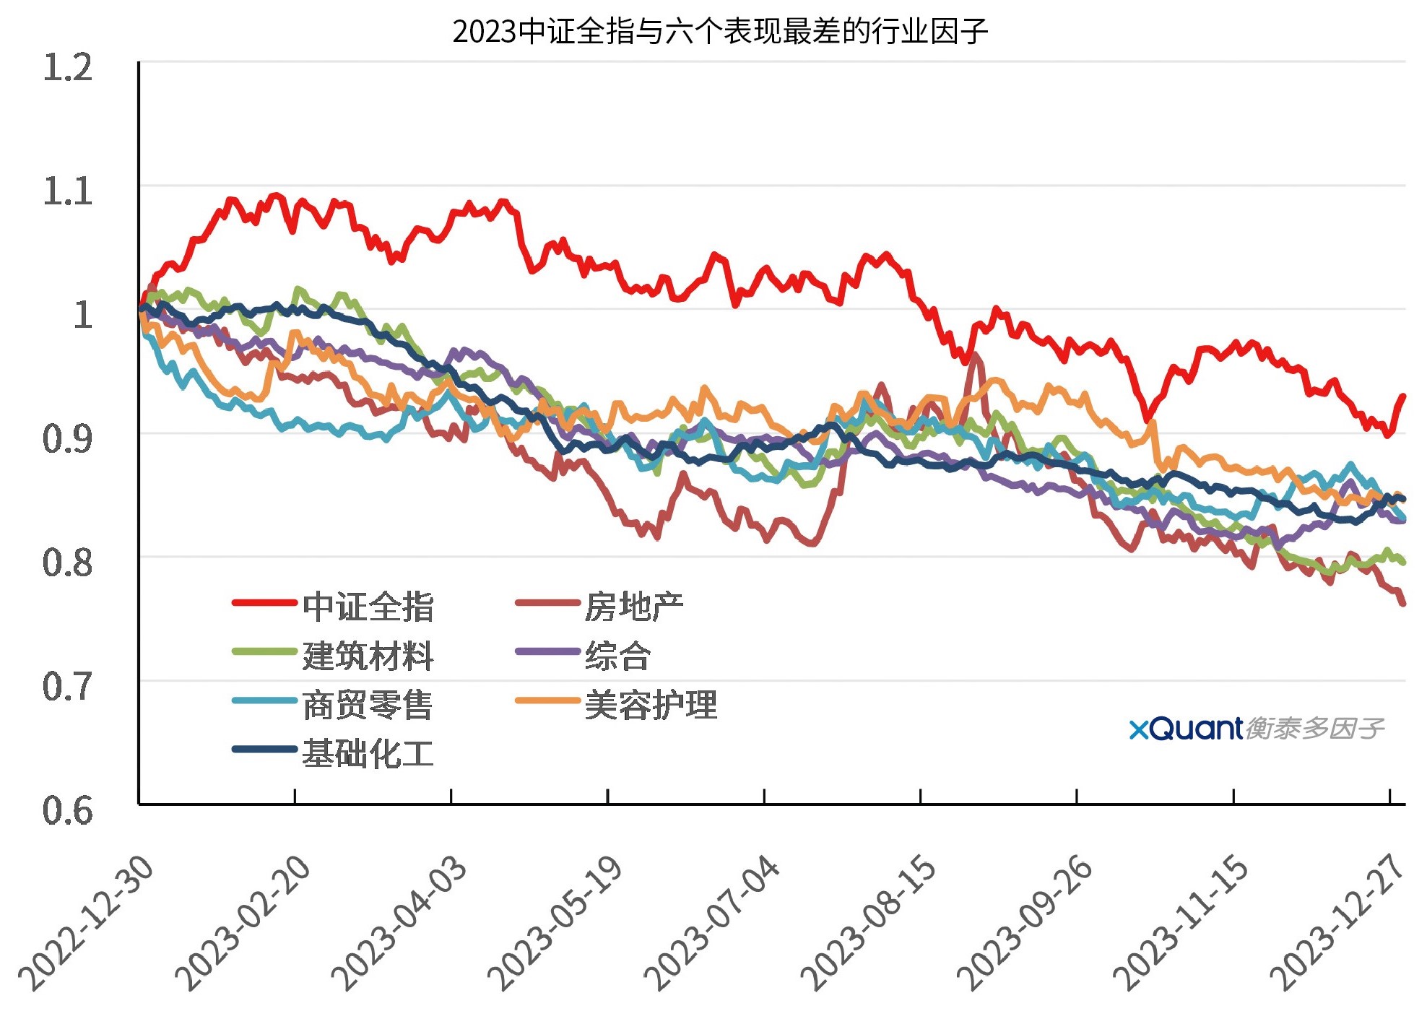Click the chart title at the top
tap(720, 31)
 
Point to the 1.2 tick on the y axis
tap(68, 69)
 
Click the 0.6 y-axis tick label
tap(68, 811)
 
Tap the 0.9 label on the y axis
tap(68, 440)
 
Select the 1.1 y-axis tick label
tap(68, 192)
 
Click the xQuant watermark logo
tap(1257, 729)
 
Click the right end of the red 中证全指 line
tap(1403, 396)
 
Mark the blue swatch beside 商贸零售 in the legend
tap(264, 700)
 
